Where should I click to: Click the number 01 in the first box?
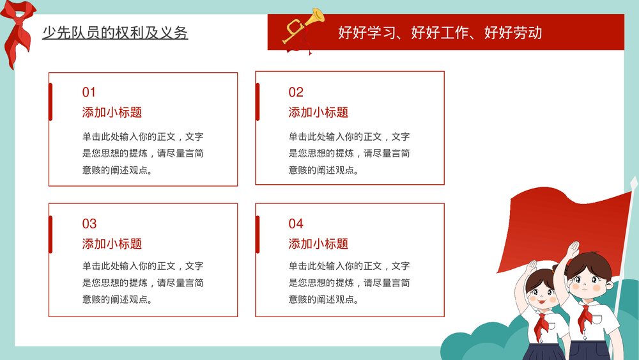pos(89,92)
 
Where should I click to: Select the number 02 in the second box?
pos(296,92)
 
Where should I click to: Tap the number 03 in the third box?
pos(89,224)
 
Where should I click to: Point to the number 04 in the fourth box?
pos(296,224)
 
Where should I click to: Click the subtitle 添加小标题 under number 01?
pos(112,113)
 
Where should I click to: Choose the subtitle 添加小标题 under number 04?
pos(318,244)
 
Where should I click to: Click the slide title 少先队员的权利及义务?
pos(115,33)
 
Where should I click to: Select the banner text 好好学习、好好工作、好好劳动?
pos(440,33)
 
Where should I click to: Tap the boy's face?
pos(590,279)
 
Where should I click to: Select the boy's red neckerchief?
pos(586,316)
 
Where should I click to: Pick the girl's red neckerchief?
pos(543,322)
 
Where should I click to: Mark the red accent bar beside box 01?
pos(50,102)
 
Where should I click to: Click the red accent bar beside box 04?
pos(258,233)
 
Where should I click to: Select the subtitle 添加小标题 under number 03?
pos(112,244)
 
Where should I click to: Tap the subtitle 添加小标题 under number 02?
pos(318,113)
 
